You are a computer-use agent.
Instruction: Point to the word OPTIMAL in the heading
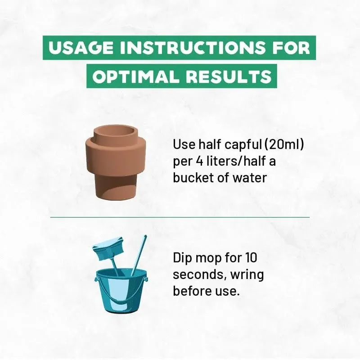coord(135,76)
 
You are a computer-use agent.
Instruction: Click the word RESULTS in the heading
coord(229,76)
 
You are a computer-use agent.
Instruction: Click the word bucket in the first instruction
coord(193,178)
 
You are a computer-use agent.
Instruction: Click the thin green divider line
coord(180,217)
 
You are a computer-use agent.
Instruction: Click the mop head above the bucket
coord(109,249)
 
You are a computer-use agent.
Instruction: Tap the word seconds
coord(199,275)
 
